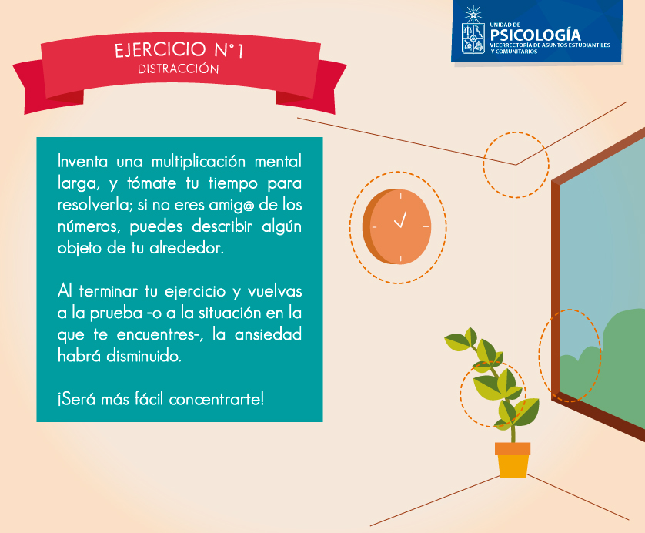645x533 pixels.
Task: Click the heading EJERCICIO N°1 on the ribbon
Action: coord(179,50)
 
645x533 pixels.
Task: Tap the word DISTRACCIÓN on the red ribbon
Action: coord(178,69)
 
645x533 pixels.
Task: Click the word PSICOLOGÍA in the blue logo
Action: coord(535,35)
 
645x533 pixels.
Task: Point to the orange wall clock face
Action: coord(399,226)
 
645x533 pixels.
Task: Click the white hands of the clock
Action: coord(400,220)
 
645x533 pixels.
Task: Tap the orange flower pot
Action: coord(513,460)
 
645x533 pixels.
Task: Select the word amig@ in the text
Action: coord(232,205)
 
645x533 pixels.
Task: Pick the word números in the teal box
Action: coord(89,226)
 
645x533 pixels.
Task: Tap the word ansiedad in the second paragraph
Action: coord(268,334)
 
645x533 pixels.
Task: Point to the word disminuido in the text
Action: coord(144,356)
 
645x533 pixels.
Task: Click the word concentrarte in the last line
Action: coord(216,399)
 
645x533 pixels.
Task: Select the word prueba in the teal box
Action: coord(116,313)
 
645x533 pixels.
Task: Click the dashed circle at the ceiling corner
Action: coord(516,132)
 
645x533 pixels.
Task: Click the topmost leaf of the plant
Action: coord(471,335)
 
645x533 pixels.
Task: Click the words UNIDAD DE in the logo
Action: coord(505,25)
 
